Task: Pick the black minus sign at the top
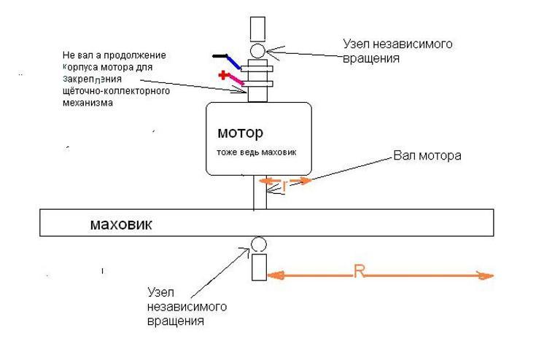coord(220,55)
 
